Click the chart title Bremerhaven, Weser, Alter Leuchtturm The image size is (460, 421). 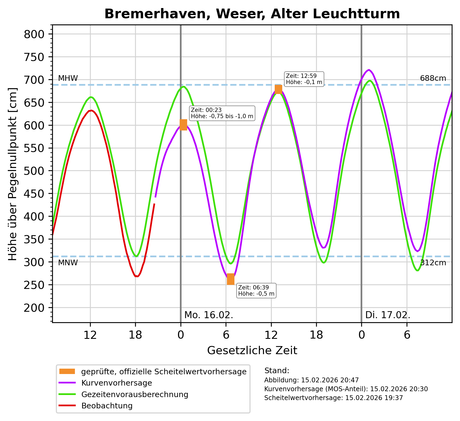(252, 14)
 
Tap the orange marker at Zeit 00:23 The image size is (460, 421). (183, 125)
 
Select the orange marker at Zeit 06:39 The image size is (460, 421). (230, 279)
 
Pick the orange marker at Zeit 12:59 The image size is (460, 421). (278, 89)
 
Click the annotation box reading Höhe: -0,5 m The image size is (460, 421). (256, 291)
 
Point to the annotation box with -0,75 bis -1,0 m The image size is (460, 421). (222, 113)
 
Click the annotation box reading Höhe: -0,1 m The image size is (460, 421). (304, 79)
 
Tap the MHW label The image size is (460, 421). (68, 78)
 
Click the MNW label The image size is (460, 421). (68, 263)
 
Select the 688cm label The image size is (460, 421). (433, 78)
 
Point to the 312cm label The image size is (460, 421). (433, 263)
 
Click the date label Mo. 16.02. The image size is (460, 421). (209, 315)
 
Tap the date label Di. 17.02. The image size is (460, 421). (388, 315)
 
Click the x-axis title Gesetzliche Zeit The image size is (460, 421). (252, 351)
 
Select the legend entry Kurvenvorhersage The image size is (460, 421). (117, 383)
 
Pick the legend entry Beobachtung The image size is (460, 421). (107, 406)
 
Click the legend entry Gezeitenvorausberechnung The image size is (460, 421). (135, 394)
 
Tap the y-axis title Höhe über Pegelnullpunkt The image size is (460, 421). (13, 174)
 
